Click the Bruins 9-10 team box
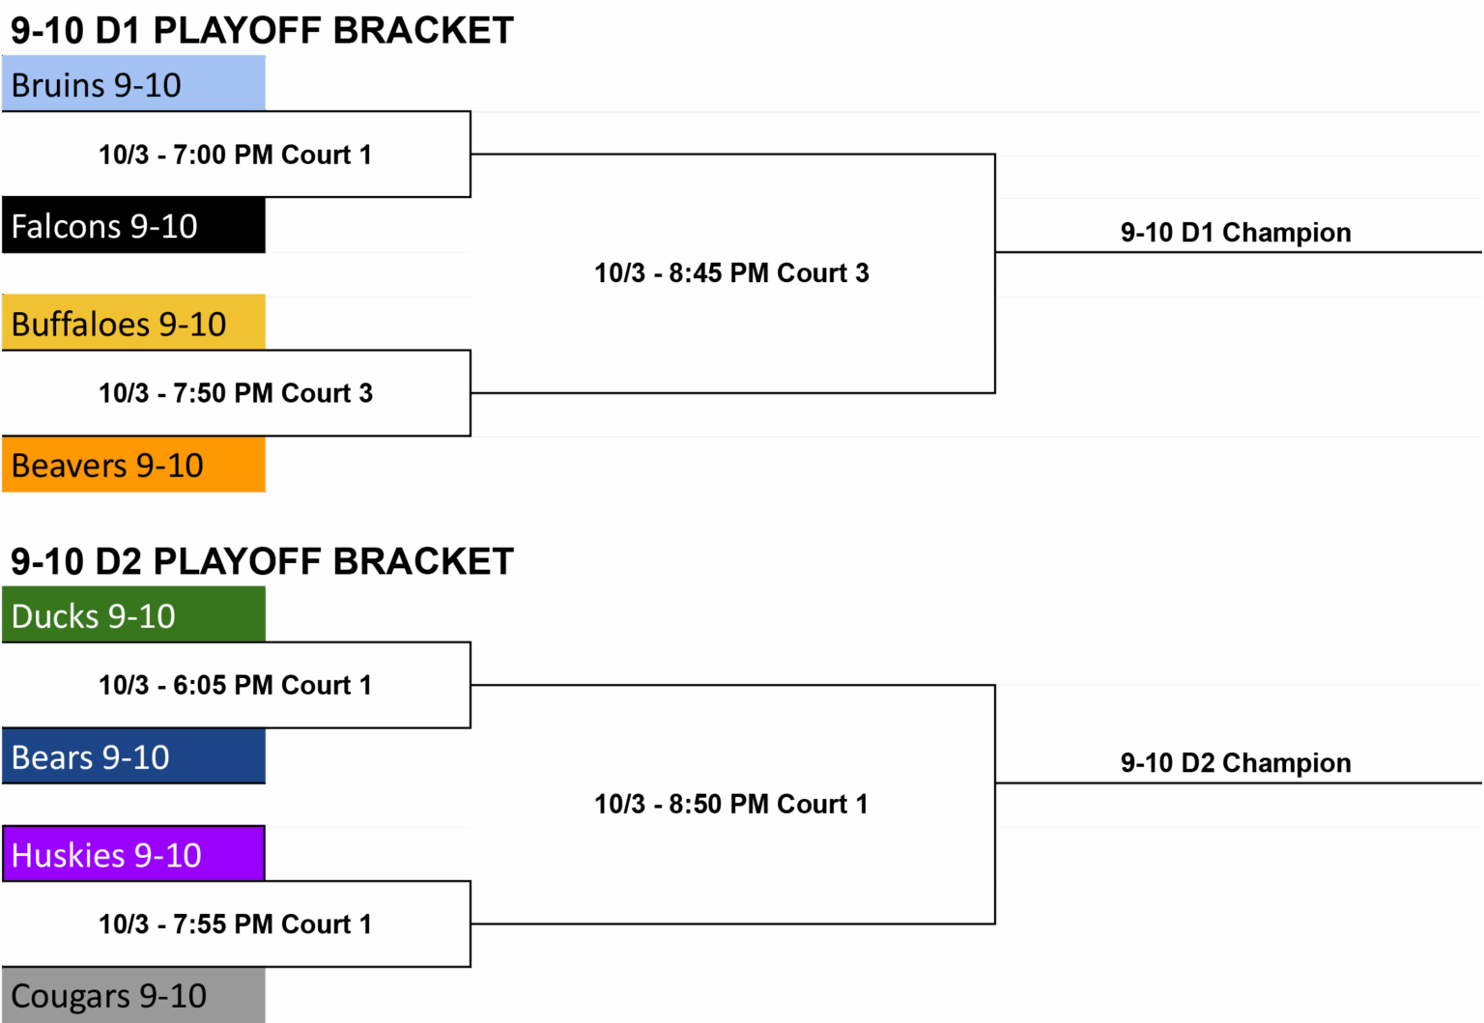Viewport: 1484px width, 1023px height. [x=133, y=83]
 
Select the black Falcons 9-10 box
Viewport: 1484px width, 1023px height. [x=133, y=225]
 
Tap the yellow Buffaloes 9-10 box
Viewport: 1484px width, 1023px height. [x=133, y=323]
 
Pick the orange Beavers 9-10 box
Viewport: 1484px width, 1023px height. [x=133, y=465]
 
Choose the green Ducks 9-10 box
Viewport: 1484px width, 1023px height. [x=133, y=614]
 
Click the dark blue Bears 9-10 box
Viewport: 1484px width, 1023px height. [x=133, y=756]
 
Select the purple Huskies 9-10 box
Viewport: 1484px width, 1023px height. [x=133, y=853]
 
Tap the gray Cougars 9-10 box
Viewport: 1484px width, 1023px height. [x=133, y=995]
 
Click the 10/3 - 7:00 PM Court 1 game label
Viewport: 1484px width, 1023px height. [x=235, y=155]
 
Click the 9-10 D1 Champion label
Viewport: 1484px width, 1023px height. [x=1236, y=233]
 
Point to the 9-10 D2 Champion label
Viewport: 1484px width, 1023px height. [x=1236, y=763]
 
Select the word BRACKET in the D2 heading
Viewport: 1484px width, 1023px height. [x=423, y=562]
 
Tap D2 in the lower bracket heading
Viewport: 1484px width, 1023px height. [x=119, y=562]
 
